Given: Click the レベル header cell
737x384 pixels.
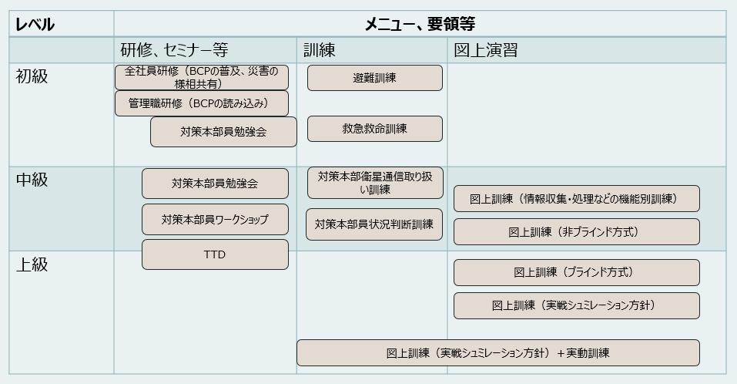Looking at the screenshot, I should click(35, 24).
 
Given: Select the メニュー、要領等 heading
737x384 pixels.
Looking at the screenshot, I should click(420, 24).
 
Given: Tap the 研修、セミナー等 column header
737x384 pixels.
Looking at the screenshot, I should click(174, 51).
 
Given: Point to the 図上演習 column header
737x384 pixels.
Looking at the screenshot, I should click(485, 51).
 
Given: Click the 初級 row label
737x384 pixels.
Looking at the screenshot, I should click(32, 76).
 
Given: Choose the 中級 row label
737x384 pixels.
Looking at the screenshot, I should click(32, 180).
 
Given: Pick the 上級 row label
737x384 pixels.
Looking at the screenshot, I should click(32, 264).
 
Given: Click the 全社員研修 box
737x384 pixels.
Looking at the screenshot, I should click(201, 77).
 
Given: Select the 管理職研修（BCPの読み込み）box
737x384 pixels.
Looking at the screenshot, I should click(201, 103).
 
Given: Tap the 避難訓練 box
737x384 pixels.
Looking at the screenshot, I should click(374, 78).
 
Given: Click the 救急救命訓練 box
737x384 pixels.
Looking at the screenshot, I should click(374, 129).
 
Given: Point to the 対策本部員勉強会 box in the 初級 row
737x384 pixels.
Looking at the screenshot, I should click(223, 132).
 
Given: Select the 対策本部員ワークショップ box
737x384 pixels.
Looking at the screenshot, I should click(215, 220).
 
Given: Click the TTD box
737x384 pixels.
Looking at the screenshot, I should click(215, 254).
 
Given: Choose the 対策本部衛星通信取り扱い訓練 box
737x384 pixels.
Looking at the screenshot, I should click(374, 183).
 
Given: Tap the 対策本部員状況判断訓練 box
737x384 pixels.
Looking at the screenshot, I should click(374, 224).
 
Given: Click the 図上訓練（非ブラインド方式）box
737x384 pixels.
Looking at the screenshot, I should click(576, 231).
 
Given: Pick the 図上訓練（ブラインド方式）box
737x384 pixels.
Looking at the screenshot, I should click(576, 272).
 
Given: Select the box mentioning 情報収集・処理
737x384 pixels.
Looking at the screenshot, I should click(576, 198).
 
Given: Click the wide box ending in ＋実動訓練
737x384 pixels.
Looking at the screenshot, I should click(497, 352).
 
